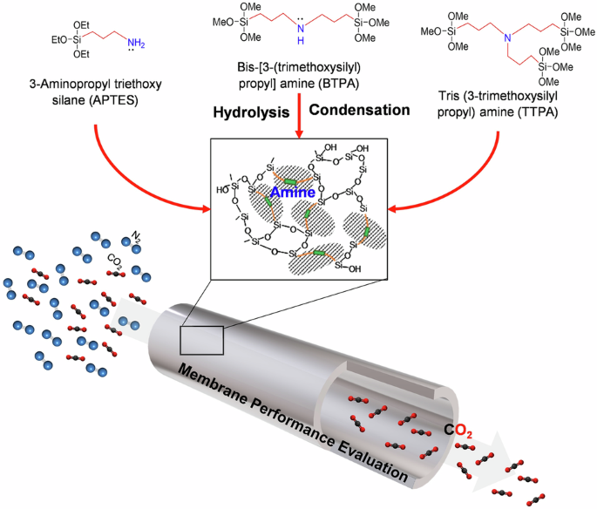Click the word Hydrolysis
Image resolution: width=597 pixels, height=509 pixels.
click(251, 112)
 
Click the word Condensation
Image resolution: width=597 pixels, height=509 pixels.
click(359, 112)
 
